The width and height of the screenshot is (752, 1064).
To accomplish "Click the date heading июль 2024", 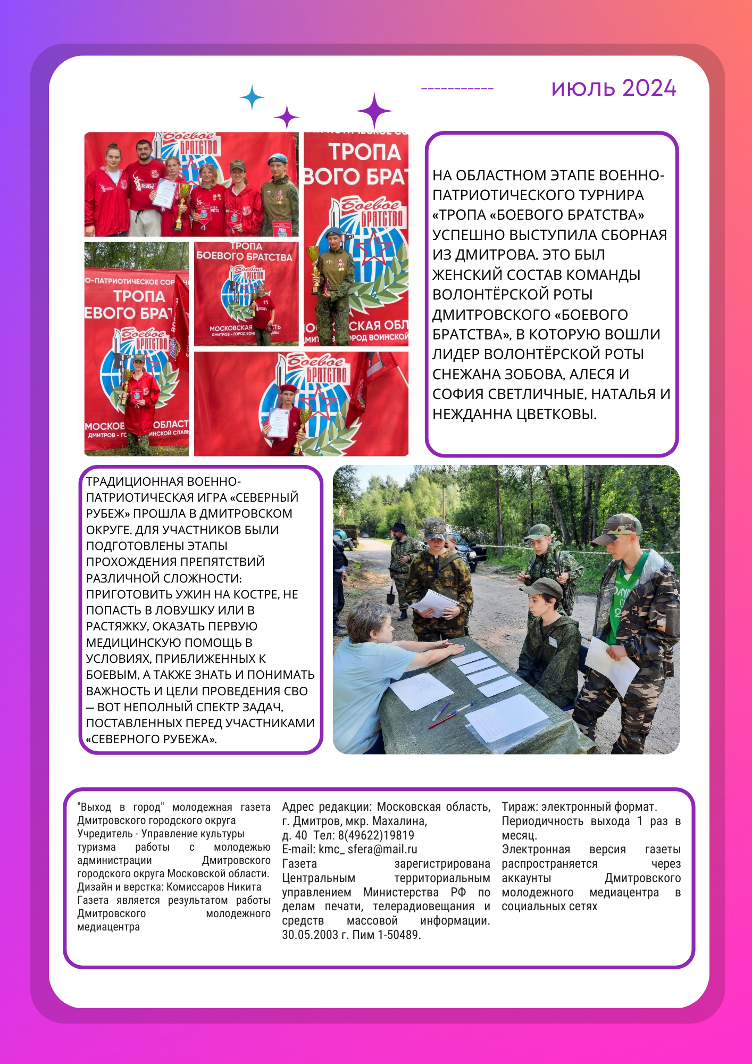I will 613,88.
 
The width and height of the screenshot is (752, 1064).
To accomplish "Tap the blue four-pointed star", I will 252,98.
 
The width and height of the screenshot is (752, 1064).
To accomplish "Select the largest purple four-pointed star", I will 374,111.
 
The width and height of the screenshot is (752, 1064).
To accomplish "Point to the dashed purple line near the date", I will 457,89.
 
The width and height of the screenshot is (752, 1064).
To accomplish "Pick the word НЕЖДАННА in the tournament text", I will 472,414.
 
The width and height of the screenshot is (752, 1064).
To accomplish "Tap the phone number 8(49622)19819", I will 375,835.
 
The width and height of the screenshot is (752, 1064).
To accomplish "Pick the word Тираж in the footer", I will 518,807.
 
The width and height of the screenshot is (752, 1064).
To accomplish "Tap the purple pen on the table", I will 441,711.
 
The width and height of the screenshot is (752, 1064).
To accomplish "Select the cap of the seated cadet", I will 542,587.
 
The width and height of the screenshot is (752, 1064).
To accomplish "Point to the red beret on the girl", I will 288,388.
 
